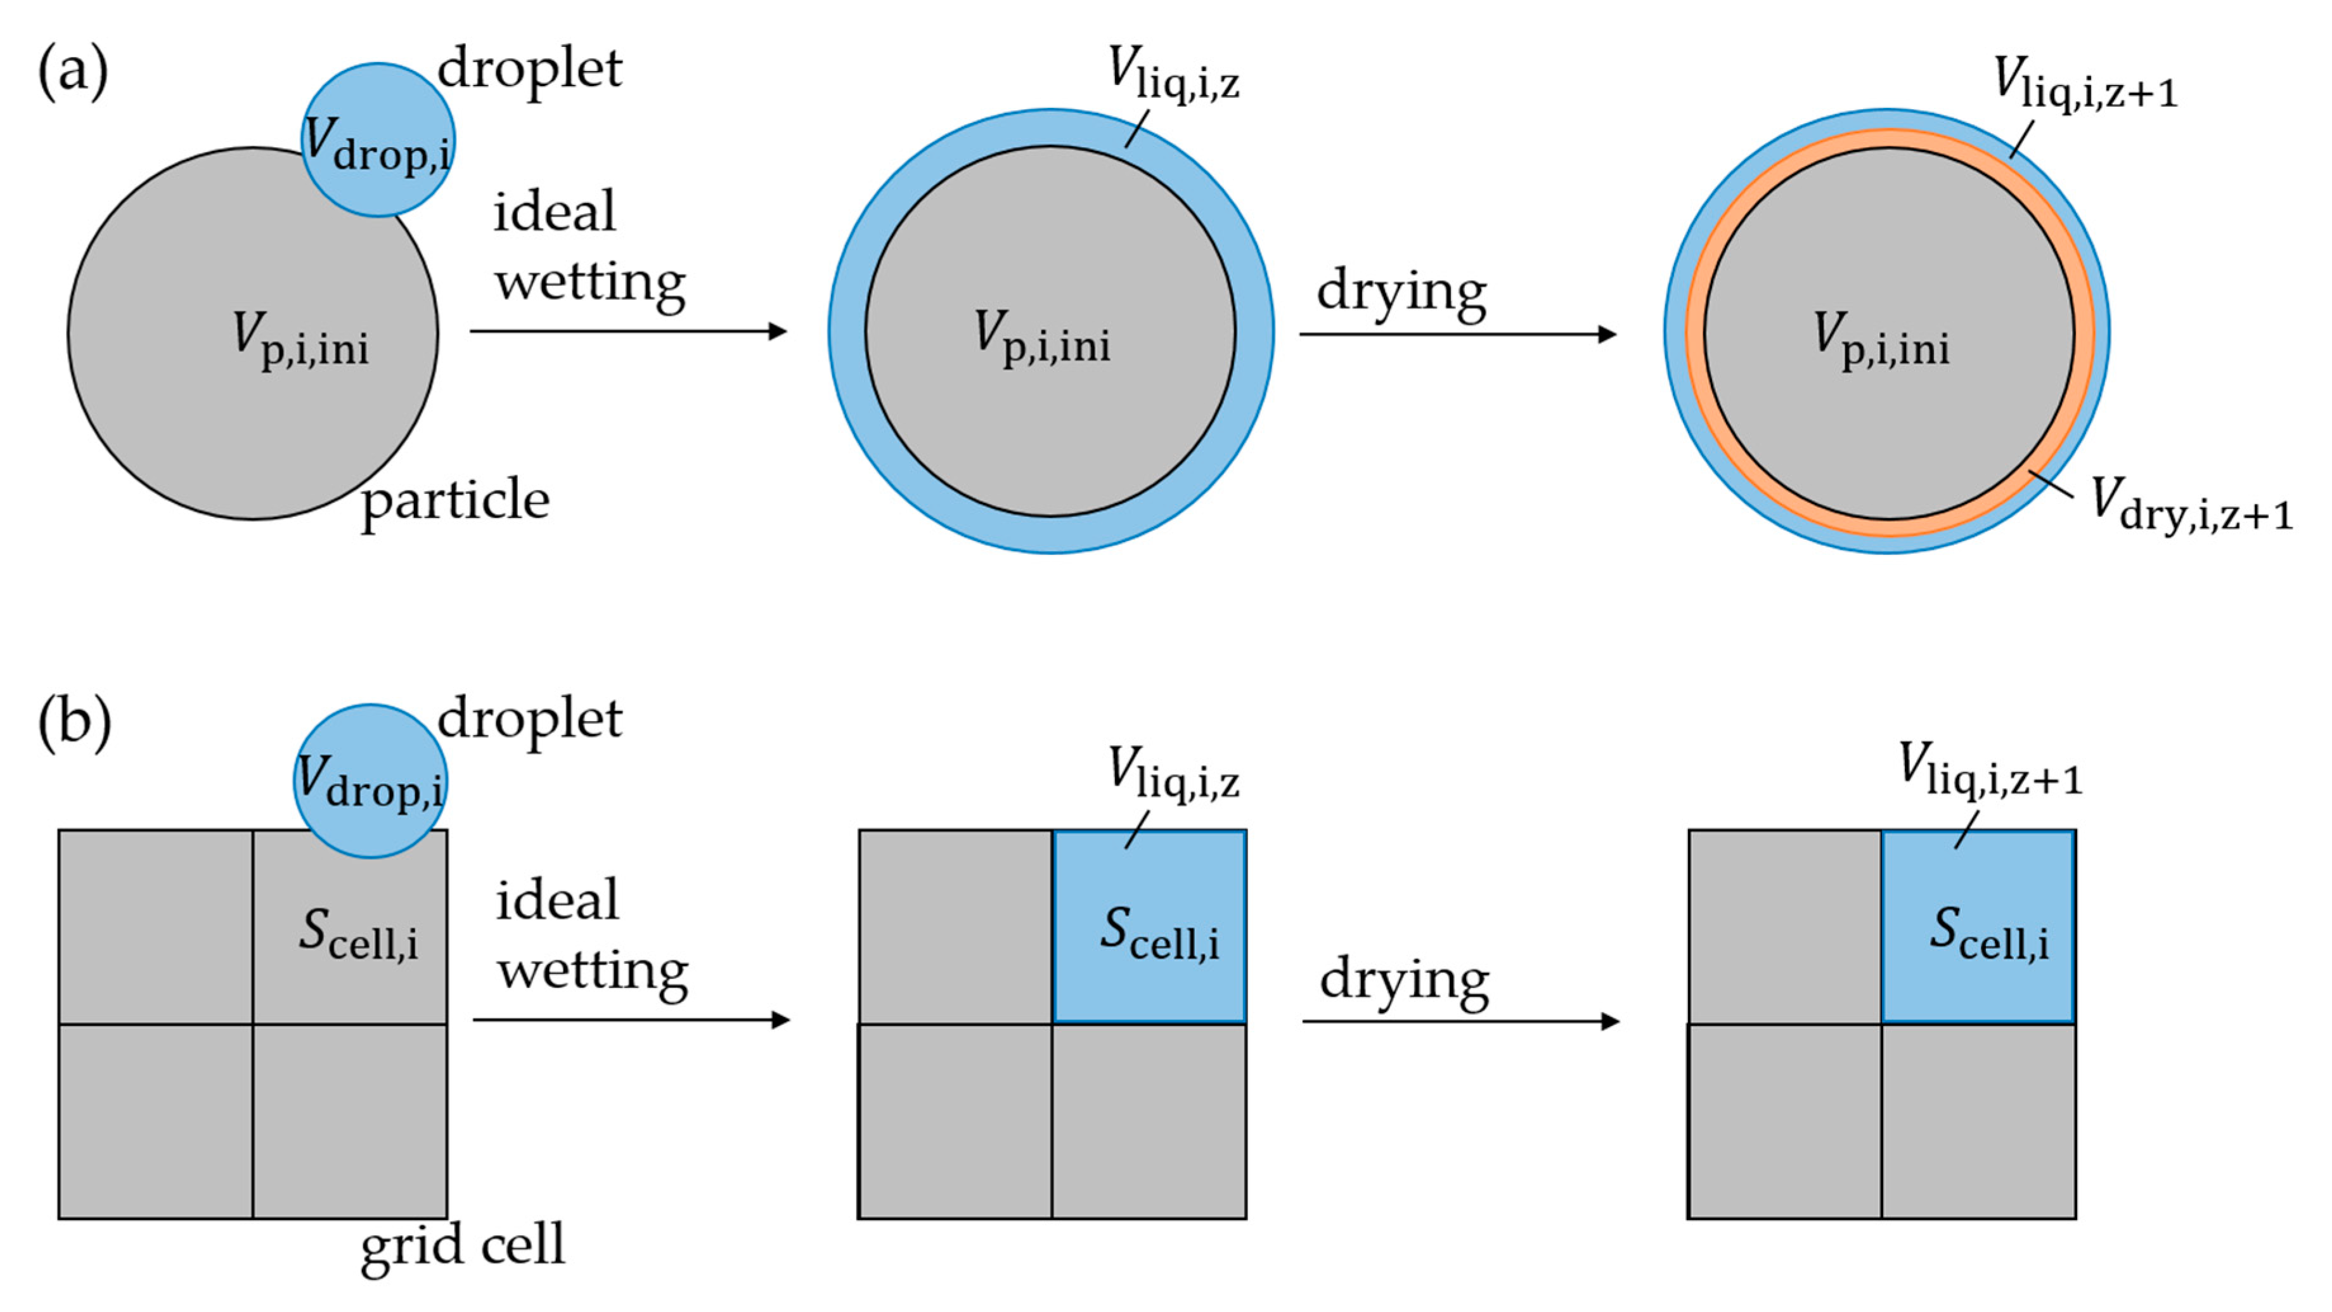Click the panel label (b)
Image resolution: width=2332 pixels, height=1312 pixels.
pos(74,722)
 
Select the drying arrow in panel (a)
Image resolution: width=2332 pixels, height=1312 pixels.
pos(1457,334)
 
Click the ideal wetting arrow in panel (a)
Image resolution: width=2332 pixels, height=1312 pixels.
pos(628,332)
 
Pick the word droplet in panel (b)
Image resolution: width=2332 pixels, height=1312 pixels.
pos(529,719)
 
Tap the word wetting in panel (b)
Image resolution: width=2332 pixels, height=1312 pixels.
pos(593,971)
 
